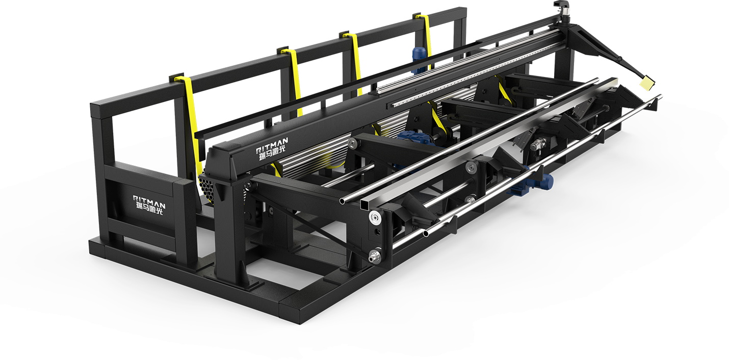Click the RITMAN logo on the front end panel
pyautogui.click(x=149, y=205)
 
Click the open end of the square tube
pyautogui.click(x=365, y=205)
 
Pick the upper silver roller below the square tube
pyautogui.click(x=375, y=218)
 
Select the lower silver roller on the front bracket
pyautogui.click(x=375, y=256)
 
